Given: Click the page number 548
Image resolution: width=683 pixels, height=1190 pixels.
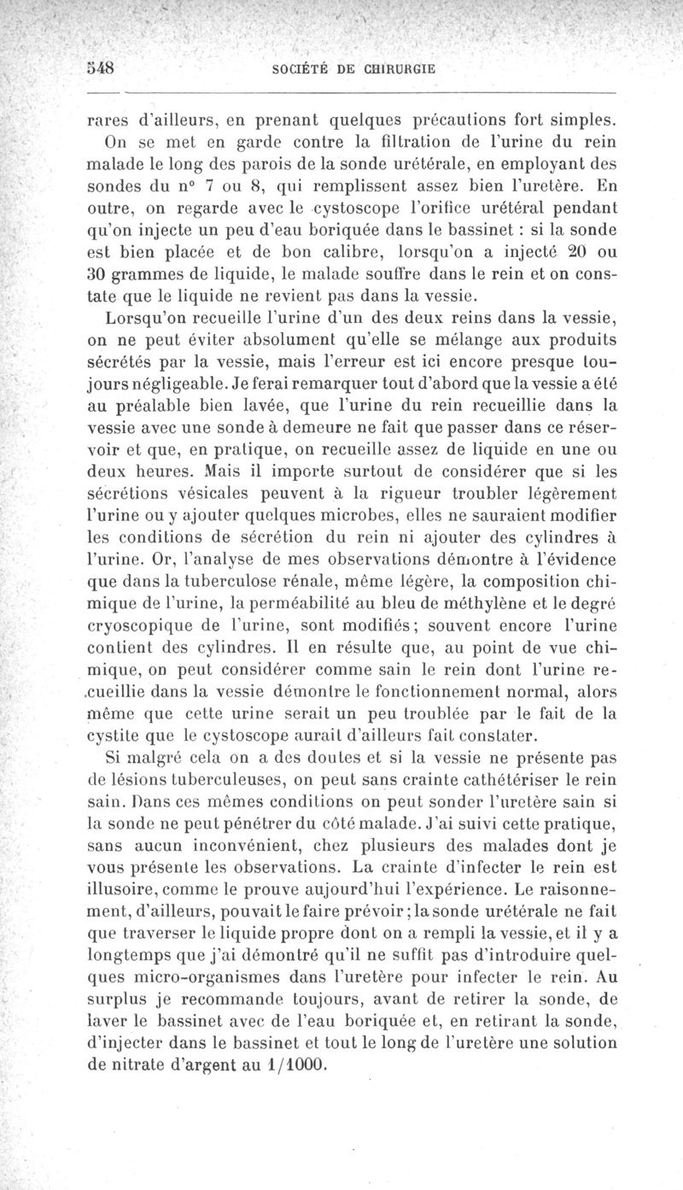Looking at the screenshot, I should [102, 67].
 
